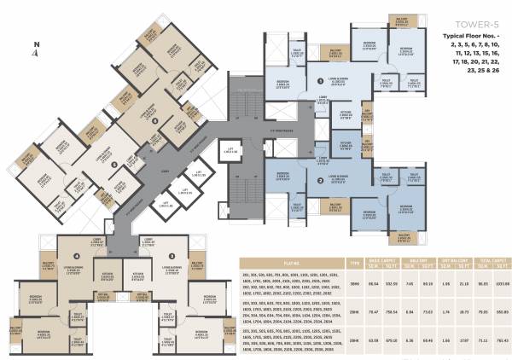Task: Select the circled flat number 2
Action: (320, 181)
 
